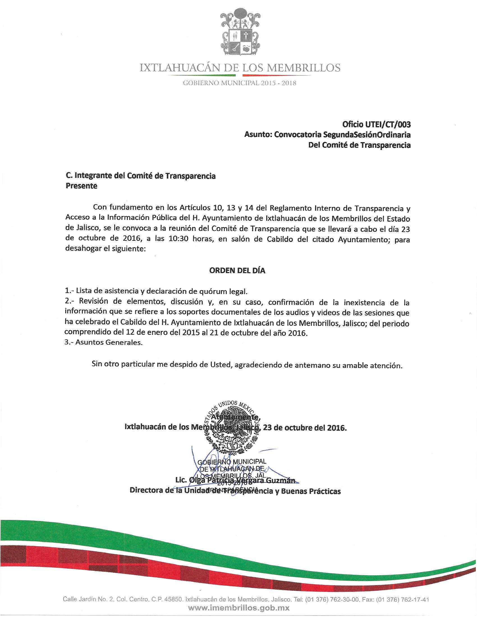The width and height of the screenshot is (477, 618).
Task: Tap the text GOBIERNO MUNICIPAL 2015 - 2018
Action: point(240,83)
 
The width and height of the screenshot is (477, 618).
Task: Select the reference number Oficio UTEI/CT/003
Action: point(376,124)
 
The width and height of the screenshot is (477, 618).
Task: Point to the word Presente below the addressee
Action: point(81,186)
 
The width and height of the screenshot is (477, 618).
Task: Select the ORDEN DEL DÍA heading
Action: point(237,271)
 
